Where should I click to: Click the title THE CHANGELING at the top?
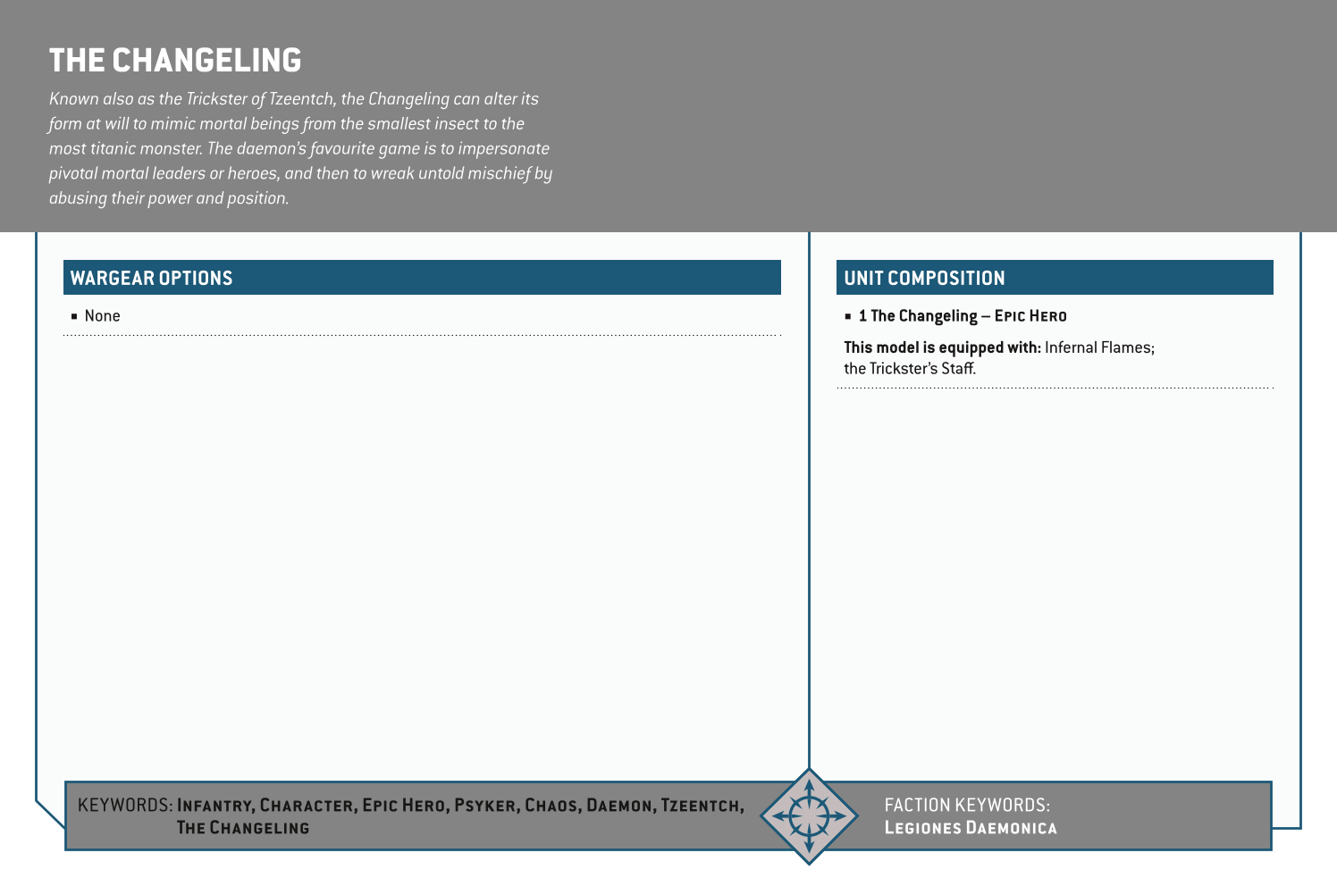(x=175, y=61)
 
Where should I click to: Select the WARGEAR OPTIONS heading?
(x=151, y=278)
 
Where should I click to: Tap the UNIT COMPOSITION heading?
(x=924, y=278)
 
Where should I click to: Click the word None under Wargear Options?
(x=102, y=316)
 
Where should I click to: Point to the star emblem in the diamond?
(x=809, y=815)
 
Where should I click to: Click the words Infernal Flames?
(x=1098, y=347)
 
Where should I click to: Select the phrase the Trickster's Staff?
(x=909, y=369)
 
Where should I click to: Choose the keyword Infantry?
(x=215, y=806)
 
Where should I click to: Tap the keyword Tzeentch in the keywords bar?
(x=701, y=806)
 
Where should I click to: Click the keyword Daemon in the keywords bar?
(x=619, y=806)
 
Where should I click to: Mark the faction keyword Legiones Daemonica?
(x=970, y=828)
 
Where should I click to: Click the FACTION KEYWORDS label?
(x=966, y=805)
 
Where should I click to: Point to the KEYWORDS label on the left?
(x=125, y=805)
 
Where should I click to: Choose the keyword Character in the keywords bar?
(x=306, y=806)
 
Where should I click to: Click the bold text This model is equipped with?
(x=942, y=347)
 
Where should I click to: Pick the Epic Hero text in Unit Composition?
(x=1030, y=316)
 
